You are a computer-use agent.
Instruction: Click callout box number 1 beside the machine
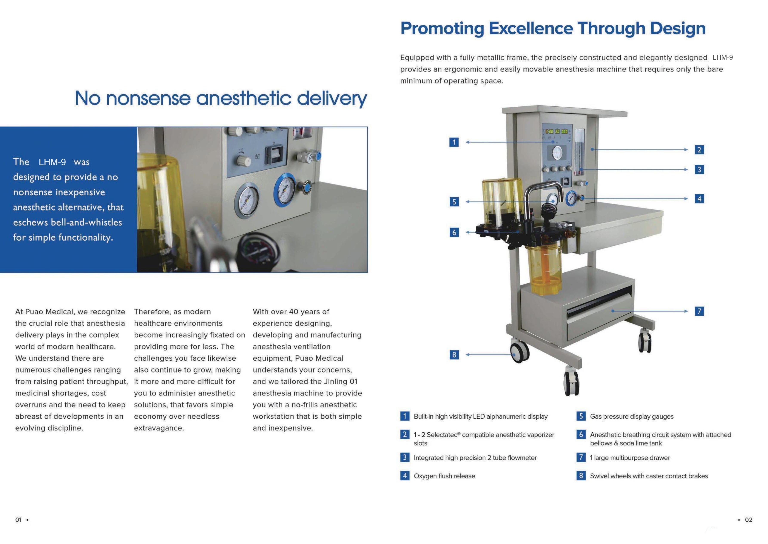(454, 142)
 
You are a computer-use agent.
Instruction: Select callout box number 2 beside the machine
(699, 150)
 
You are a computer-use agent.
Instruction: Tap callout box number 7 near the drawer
(699, 311)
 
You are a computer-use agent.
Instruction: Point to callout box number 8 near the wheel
(454, 355)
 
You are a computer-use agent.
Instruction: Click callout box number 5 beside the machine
(454, 202)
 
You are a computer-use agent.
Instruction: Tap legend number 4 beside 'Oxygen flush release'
(405, 476)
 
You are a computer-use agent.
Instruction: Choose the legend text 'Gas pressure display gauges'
(632, 416)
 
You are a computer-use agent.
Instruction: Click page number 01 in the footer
(19, 520)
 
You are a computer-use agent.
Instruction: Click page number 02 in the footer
(749, 520)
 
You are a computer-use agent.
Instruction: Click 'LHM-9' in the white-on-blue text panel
(52, 162)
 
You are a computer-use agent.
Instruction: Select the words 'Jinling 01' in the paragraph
(341, 382)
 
